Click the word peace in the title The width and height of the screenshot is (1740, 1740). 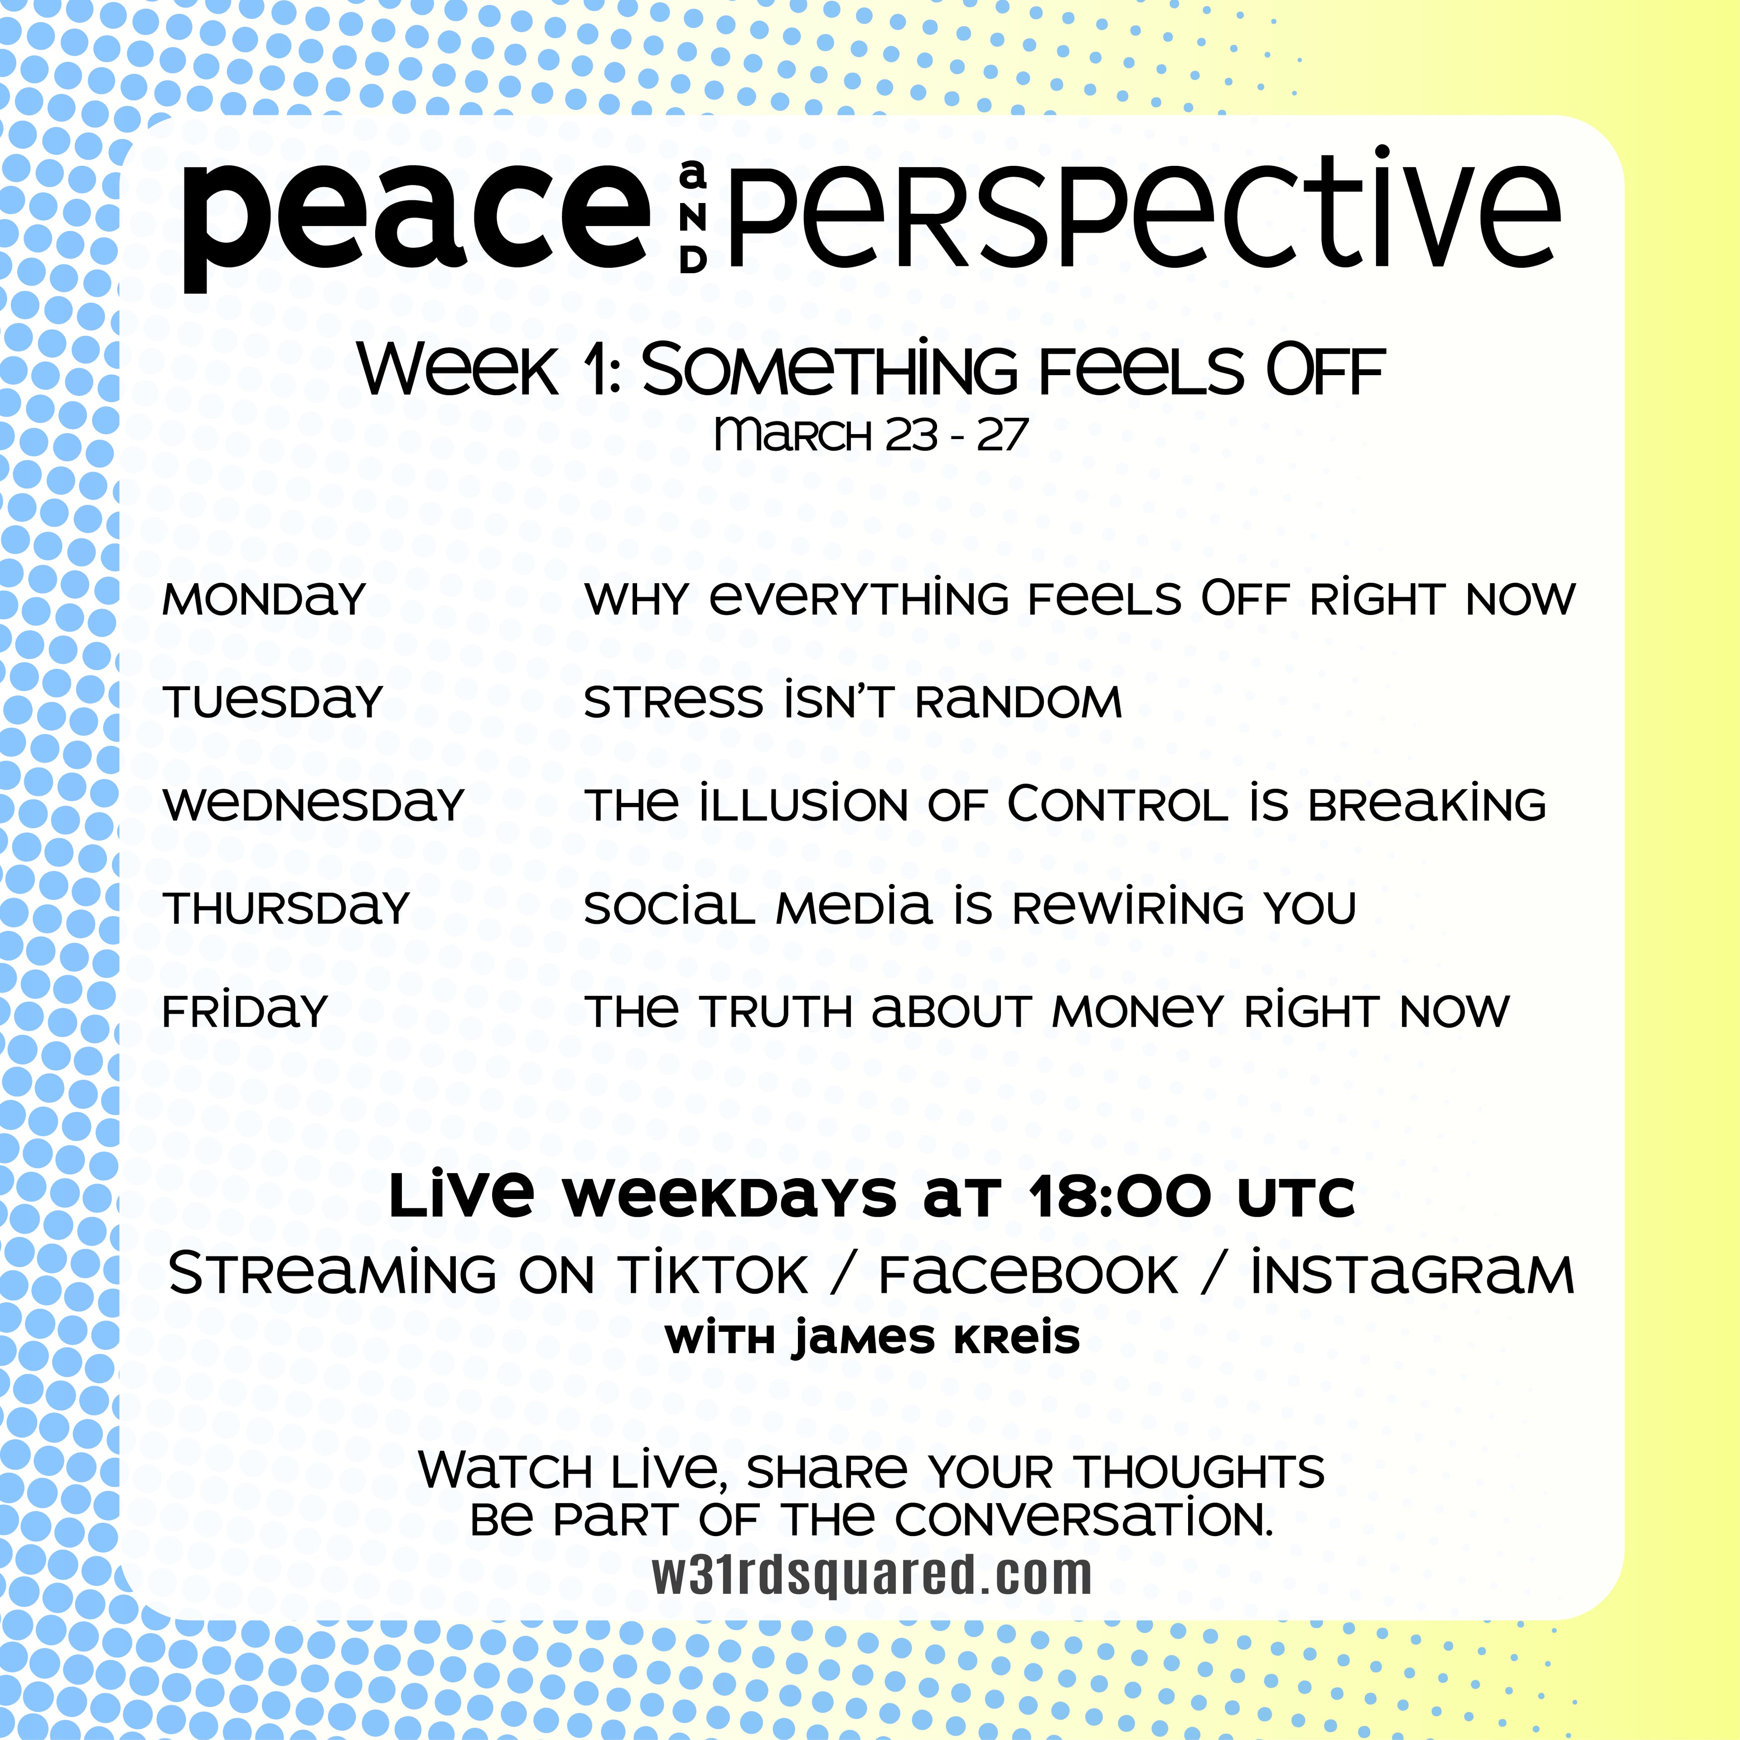pos(416,225)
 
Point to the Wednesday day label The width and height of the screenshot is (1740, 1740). pos(314,804)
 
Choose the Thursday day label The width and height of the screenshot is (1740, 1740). pos(286,908)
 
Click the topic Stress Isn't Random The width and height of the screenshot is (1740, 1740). pos(853,701)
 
